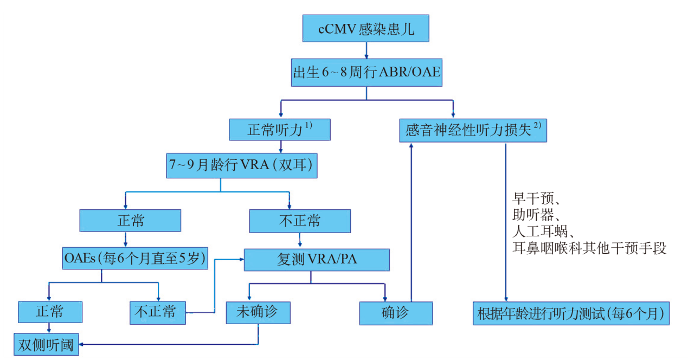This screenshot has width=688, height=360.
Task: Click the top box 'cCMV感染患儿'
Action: tap(366, 29)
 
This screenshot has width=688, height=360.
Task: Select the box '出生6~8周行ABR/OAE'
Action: tap(366, 73)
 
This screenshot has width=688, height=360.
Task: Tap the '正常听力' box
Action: tap(280, 130)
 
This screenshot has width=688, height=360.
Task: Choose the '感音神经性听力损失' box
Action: tap(473, 131)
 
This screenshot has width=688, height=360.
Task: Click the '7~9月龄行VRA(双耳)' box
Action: tap(241, 165)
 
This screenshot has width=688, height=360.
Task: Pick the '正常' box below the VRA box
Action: tap(130, 221)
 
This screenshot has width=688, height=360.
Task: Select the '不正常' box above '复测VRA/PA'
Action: tap(300, 221)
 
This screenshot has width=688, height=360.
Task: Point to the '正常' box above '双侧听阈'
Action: tap(50, 312)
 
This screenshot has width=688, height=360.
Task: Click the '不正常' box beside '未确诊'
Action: tap(158, 312)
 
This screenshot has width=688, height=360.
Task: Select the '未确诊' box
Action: tap(258, 312)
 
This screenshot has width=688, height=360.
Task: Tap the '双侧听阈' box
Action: tap(46, 344)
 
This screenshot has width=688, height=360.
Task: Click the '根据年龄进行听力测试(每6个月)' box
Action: tap(571, 313)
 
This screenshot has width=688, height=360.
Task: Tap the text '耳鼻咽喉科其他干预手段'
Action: tap(589, 248)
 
